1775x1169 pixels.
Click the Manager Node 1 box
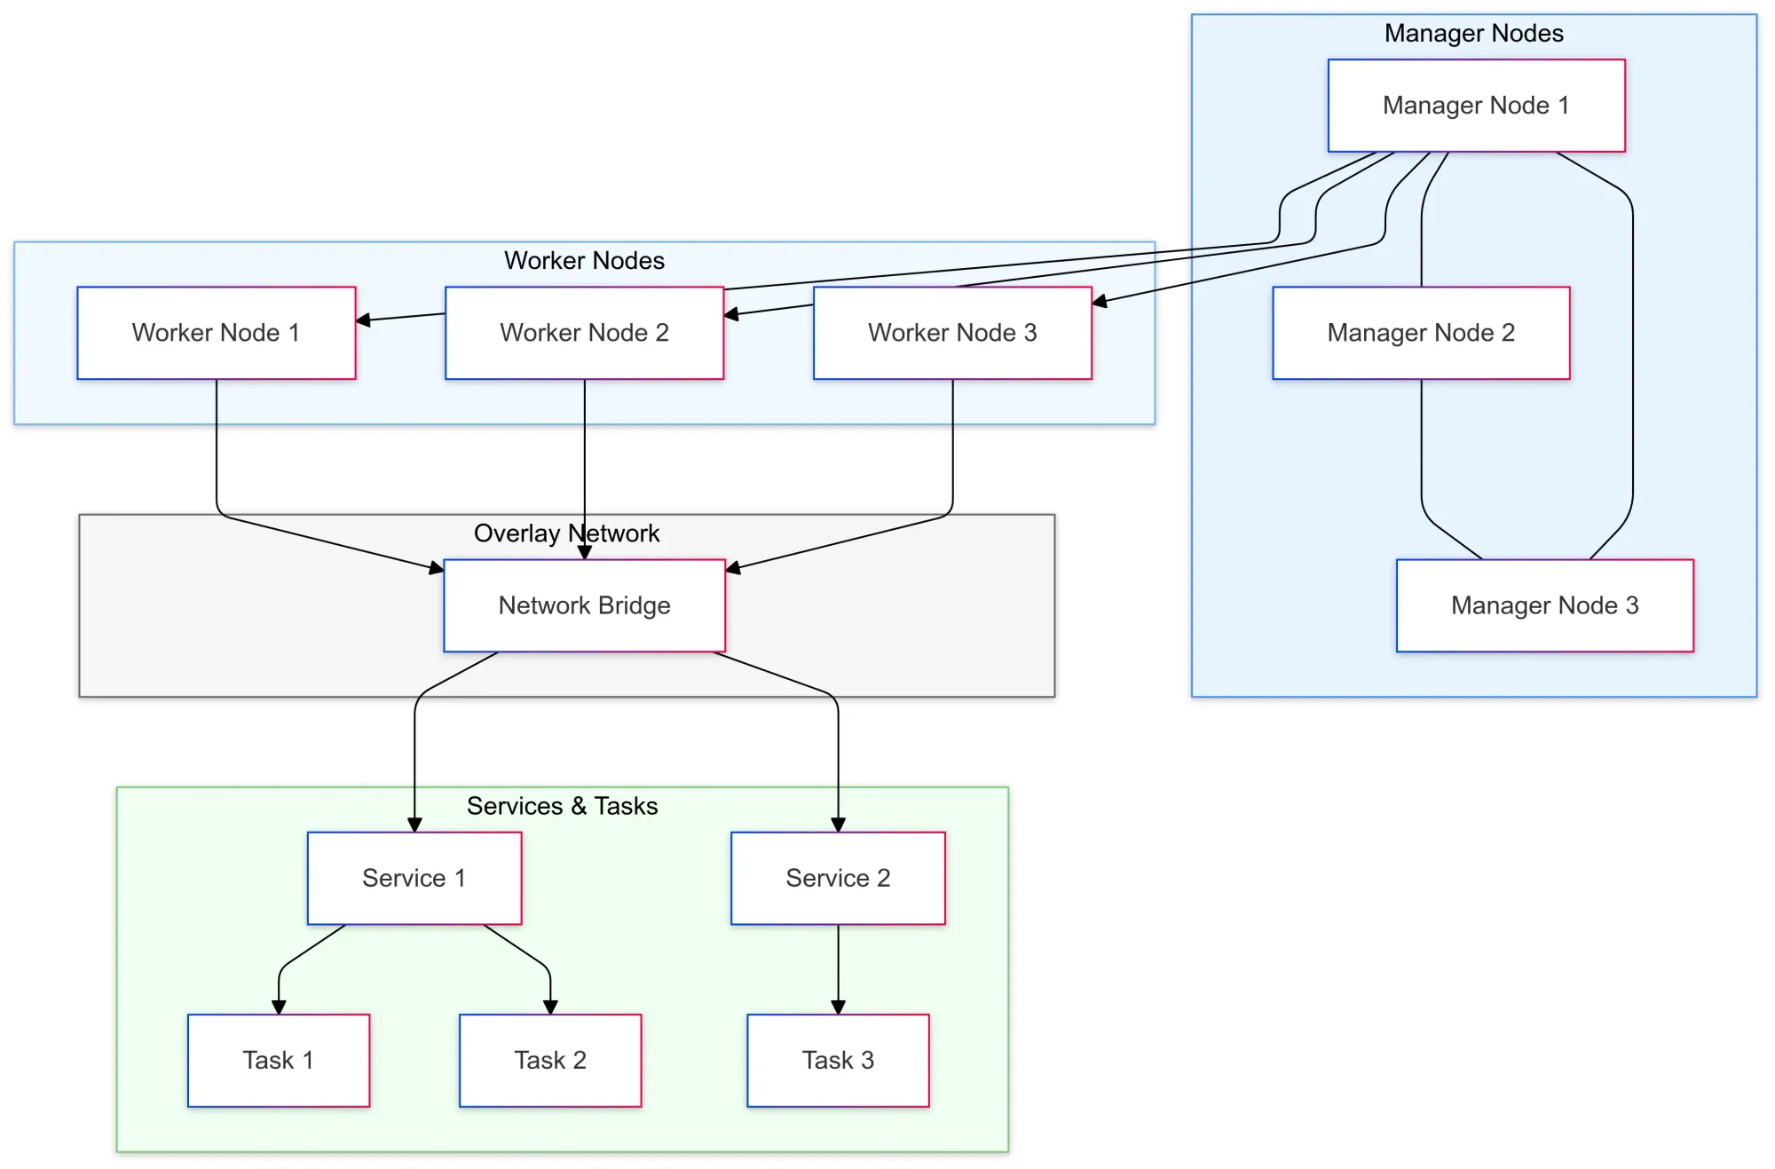tap(1476, 106)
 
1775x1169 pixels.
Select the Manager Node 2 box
tap(1421, 333)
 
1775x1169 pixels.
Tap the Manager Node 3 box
tap(1544, 605)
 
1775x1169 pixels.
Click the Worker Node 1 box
tap(216, 333)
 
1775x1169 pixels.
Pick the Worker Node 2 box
tap(584, 333)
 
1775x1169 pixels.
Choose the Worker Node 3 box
tap(952, 333)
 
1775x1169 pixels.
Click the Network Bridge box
tap(584, 605)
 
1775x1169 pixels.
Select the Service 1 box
tap(414, 878)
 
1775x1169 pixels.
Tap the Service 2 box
tap(838, 878)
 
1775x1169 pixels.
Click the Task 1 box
tap(278, 1060)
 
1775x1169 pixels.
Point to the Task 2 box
tap(550, 1060)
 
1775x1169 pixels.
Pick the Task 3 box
tap(838, 1060)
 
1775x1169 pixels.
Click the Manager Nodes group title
tap(1473, 34)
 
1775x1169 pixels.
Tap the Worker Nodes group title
tap(584, 261)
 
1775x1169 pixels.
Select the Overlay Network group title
tap(566, 533)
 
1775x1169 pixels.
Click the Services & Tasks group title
tap(562, 806)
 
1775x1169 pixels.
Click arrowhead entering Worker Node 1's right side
tap(363, 320)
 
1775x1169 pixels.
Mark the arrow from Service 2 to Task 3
tap(838, 968)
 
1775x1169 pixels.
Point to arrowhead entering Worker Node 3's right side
tap(1100, 303)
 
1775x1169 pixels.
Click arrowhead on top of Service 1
tap(414, 825)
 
